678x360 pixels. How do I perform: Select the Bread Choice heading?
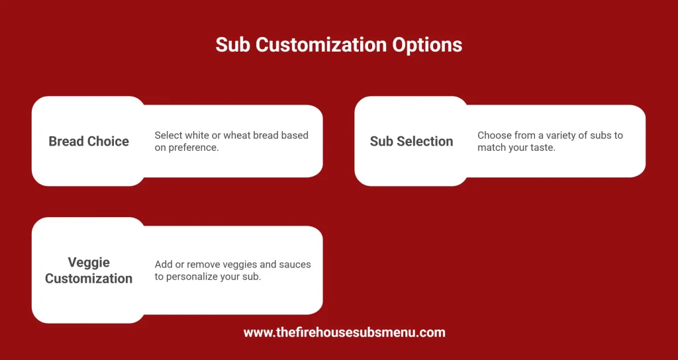[x=89, y=141]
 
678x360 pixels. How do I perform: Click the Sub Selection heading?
[x=412, y=141]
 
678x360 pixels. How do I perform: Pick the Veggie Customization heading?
[x=89, y=270]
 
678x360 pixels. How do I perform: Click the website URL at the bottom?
[x=344, y=332]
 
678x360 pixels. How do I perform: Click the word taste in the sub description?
[x=542, y=148]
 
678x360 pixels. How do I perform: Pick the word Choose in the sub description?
[x=494, y=135]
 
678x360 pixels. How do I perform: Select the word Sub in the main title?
[x=233, y=45]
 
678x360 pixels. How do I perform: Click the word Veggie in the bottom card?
[x=89, y=262]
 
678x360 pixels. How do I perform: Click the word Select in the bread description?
[x=169, y=135]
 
